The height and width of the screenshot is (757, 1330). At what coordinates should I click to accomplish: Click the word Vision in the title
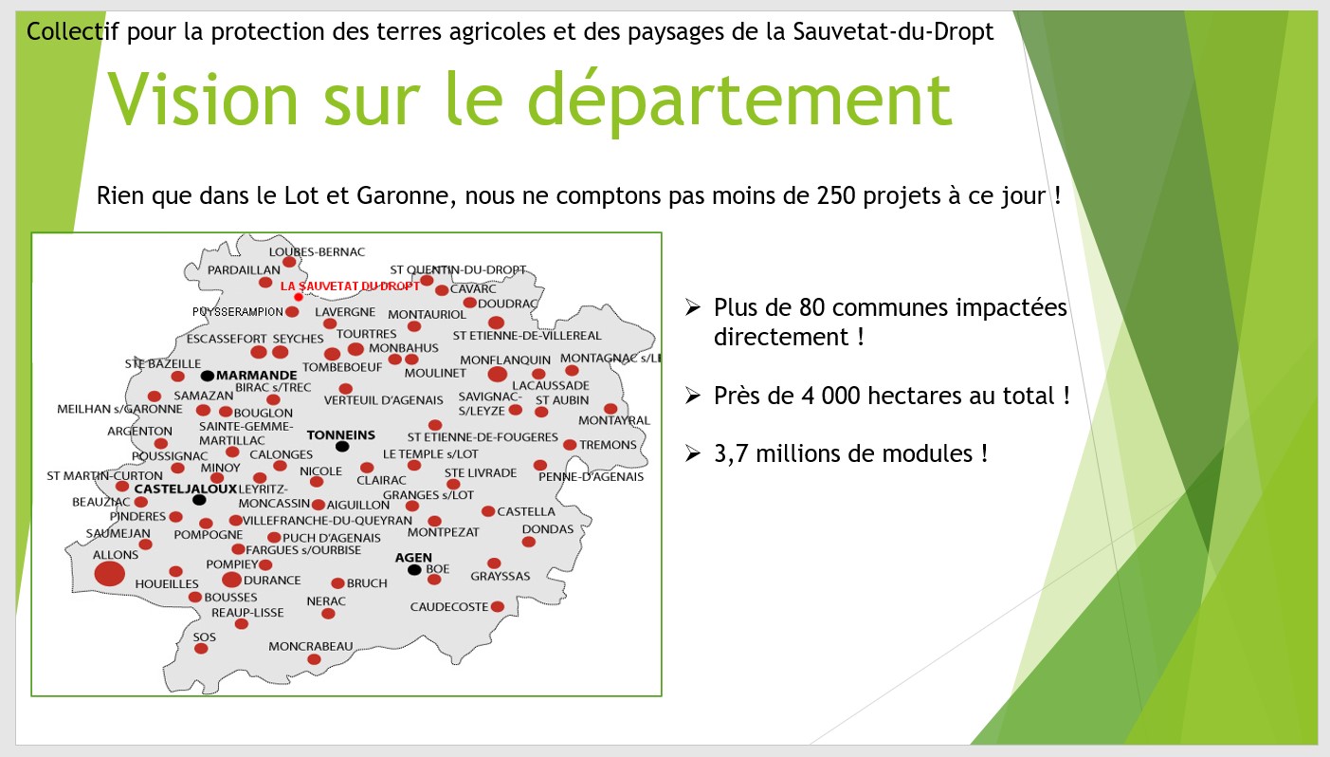pos(203,99)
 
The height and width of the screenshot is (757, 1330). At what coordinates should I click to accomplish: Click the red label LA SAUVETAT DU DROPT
pos(350,286)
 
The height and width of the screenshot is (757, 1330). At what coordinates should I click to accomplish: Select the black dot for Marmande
pos(208,376)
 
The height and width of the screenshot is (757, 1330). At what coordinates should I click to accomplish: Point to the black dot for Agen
pos(414,570)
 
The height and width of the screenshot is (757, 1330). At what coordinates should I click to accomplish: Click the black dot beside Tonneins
pos(342,446)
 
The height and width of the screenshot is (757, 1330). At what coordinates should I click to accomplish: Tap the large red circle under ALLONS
pos(110,573)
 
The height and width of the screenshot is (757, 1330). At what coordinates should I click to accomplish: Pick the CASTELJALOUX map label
pos(185,489)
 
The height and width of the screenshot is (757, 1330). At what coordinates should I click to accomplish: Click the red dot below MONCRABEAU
pos(314,659)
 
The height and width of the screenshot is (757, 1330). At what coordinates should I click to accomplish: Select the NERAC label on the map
pos(326,601)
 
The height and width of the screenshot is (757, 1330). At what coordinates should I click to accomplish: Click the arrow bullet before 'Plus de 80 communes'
pos(692,306)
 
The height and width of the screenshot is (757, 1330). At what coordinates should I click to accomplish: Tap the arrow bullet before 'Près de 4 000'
pos(692,396)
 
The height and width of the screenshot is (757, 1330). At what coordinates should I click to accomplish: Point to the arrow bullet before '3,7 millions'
pos(692,453)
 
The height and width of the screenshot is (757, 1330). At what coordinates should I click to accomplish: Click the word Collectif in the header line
pos(73,31)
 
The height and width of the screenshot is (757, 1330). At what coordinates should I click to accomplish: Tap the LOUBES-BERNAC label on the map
pos(317,252)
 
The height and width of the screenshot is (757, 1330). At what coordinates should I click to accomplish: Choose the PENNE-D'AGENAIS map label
pos(591,476)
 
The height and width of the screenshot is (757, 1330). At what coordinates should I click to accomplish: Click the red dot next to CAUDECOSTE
pos(498,607)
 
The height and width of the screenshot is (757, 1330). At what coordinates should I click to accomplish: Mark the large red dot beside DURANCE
pos(231,580)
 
